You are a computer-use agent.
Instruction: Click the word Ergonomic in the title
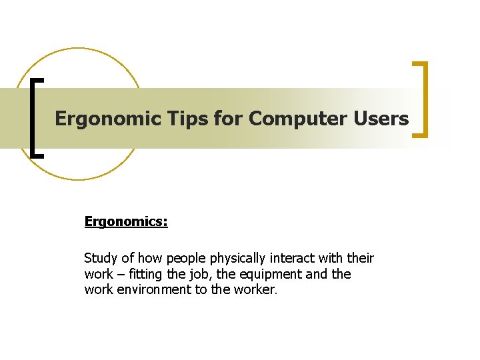click(98, 119)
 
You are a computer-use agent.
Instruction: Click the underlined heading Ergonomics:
click(126, 221)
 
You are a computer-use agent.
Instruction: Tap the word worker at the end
click(256, 291)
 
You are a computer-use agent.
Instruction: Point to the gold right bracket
click(421, 100)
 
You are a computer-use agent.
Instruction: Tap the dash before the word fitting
click(120, 275)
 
